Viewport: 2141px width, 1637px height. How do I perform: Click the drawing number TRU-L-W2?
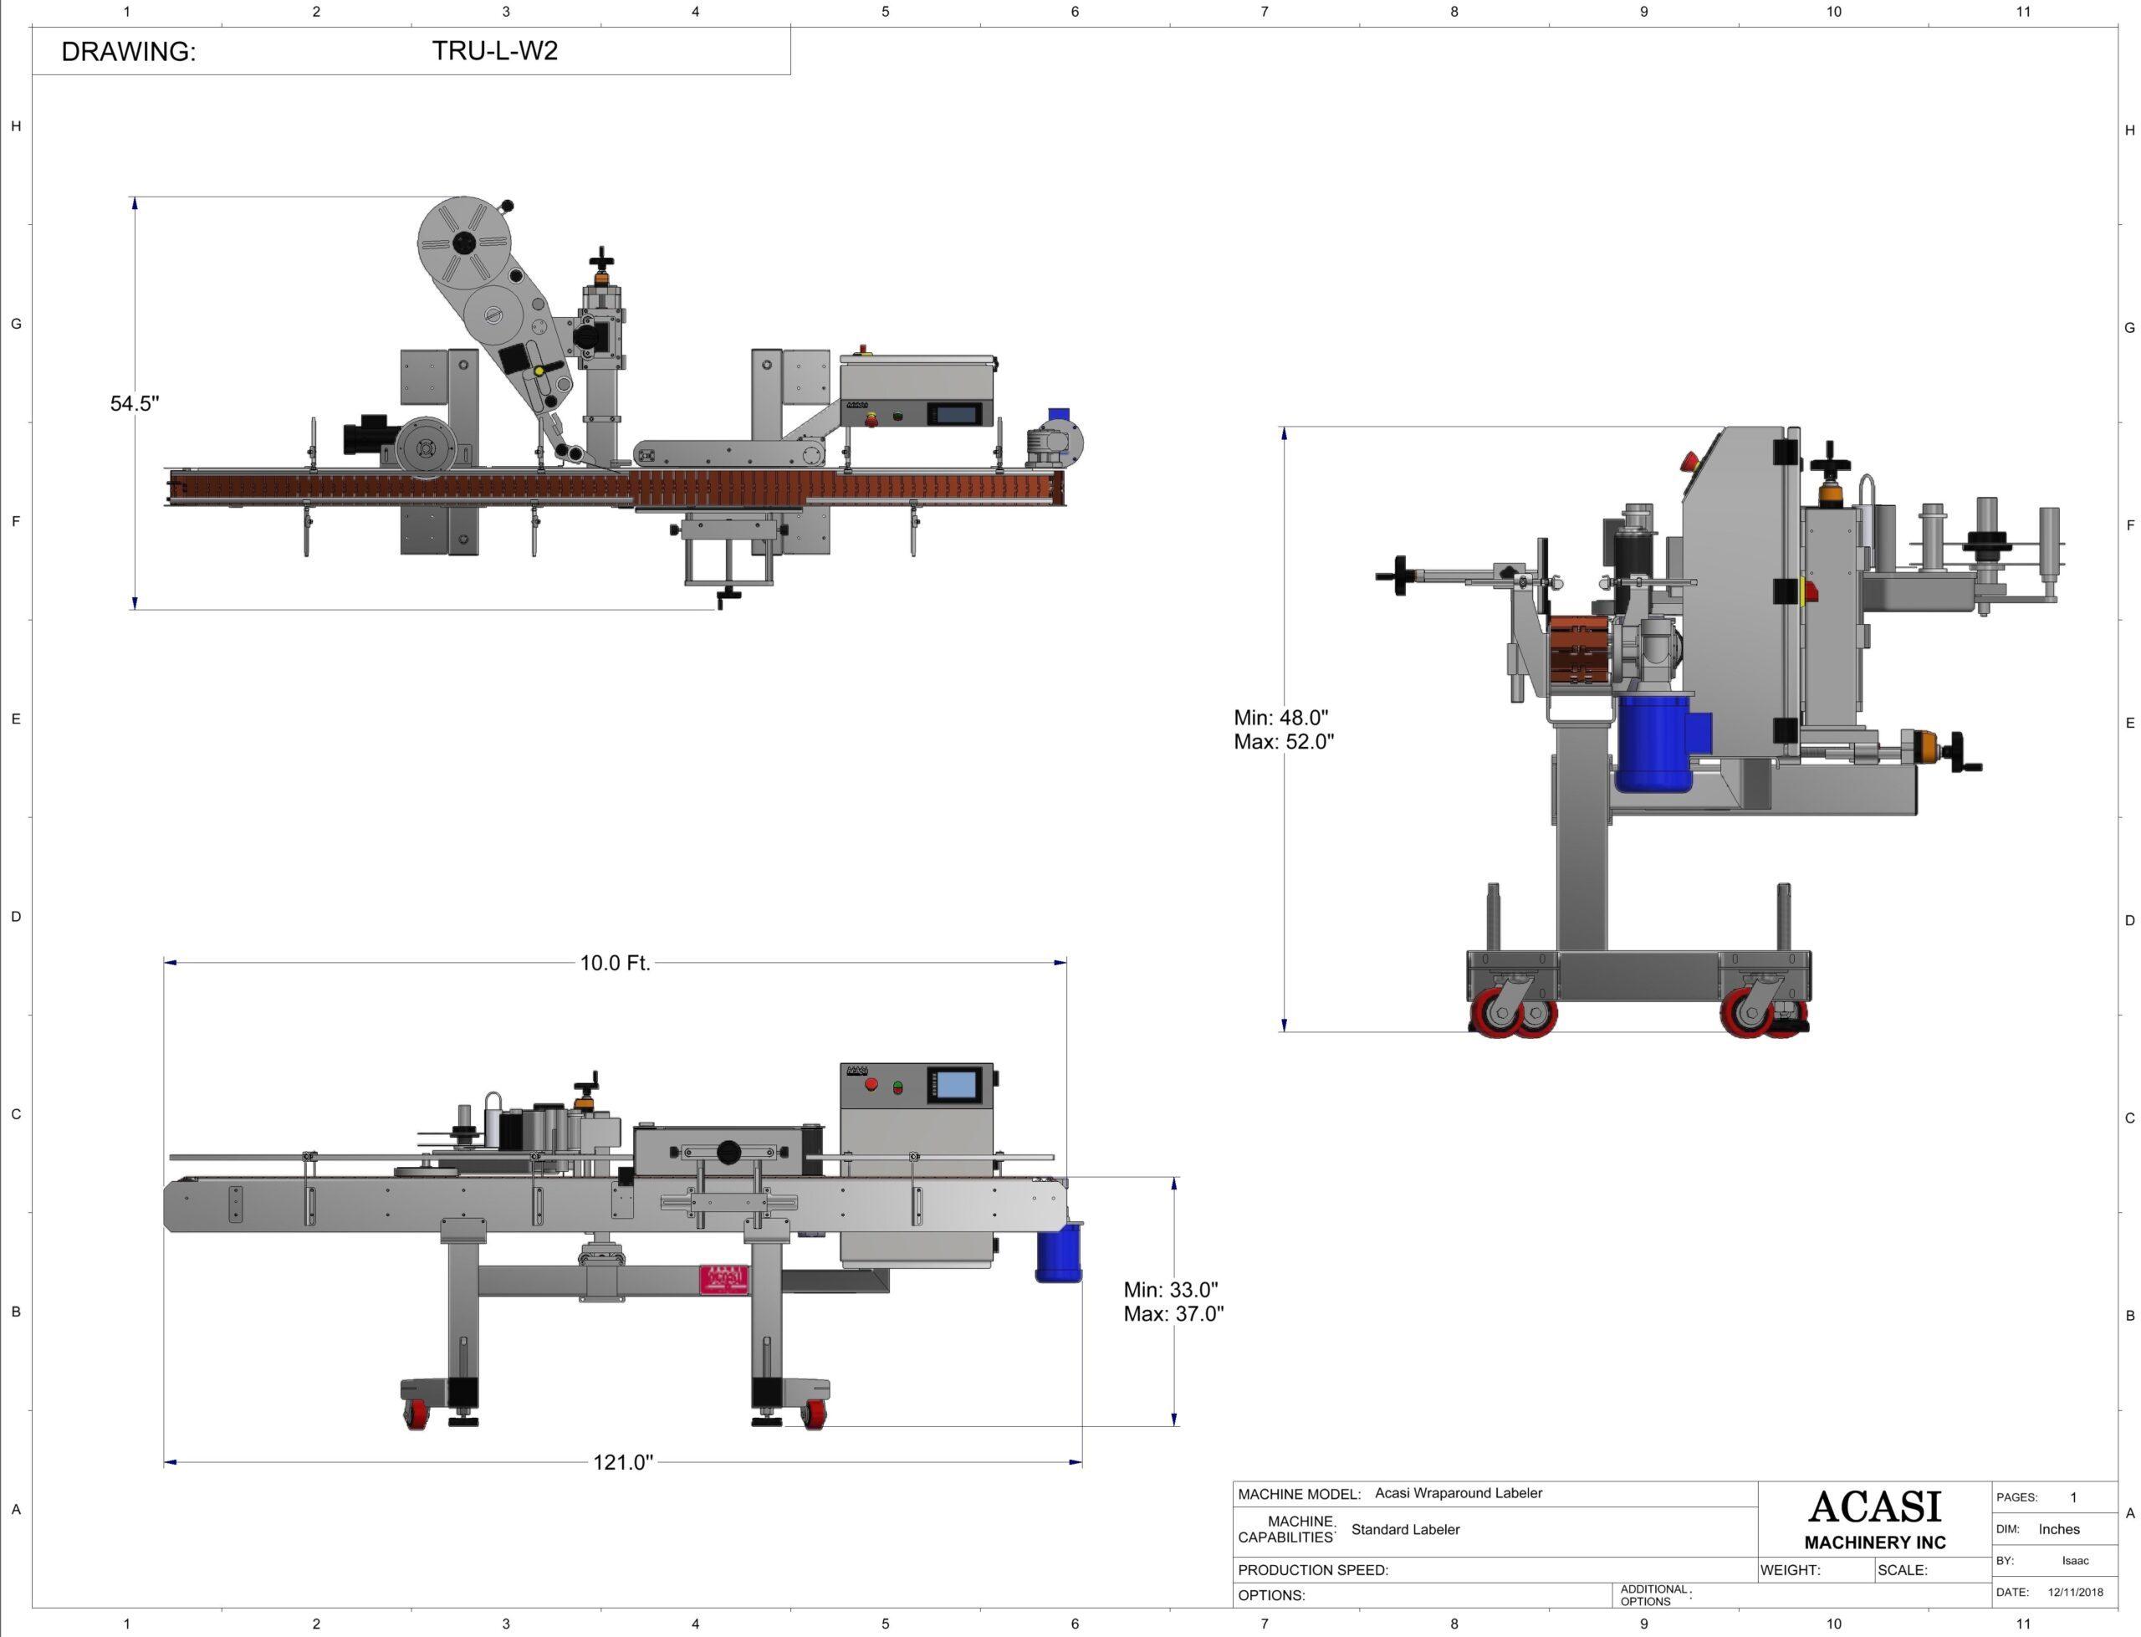[x=495, y=51]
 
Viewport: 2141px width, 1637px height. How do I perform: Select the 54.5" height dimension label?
[x=135, y=403]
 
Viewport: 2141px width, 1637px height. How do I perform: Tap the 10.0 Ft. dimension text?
[x=615, y=963]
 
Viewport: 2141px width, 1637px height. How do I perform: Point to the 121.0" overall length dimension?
[x=622, y=1461]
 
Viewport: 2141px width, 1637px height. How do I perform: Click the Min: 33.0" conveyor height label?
[x=1170, y=1289]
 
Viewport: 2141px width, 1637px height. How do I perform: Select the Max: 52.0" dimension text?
[x=1283, y=741]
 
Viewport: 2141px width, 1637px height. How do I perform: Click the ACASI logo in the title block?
[x=1874, y=1507]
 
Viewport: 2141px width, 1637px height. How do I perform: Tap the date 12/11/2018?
[x=2075, y=1592]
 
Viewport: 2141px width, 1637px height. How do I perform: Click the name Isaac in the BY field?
[x=2075, y=1560]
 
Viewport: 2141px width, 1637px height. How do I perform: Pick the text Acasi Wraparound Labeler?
[x=1459, y=1493]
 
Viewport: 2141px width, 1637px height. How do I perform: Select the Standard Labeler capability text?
[x=1404, y=1529]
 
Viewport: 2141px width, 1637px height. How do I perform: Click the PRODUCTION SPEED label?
[x=1312, y=1570]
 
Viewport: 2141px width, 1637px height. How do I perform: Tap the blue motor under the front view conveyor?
[x=1058, y=1255]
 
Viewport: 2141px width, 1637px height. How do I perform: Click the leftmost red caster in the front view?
[x=416, y=1414]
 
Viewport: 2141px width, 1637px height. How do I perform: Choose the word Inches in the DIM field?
[x=2058, y=1529]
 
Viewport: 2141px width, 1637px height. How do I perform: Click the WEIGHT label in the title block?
[x=1790, y=1570]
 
